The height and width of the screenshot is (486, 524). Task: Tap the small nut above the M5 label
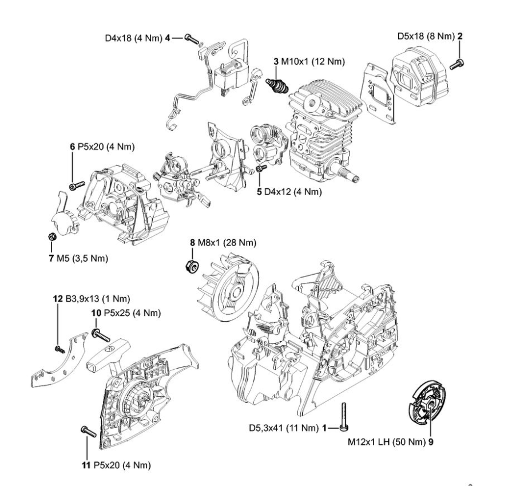(x=51, y=236)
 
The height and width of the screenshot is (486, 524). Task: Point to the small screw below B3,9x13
(x=58, y=348)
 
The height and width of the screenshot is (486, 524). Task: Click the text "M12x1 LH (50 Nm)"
(x=385, y=442)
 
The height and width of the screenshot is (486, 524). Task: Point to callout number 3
(x=276, y=61)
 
